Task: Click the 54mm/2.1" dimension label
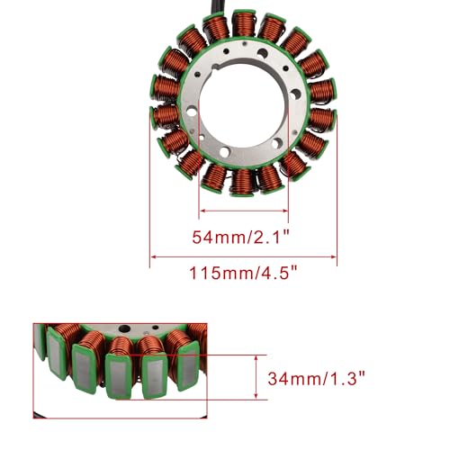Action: [x=240, y=238]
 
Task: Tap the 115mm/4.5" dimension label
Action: [x=244, y=274]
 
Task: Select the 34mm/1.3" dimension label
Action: [x=316, y=378]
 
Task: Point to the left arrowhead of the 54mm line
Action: [x=202, y=211]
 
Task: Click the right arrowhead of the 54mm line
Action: [x=284, y=211]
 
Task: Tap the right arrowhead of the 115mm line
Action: [x=333, y=256]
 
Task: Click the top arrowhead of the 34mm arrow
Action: [x=256, y=358]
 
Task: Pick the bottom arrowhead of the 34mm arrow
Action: [x=256, y=396]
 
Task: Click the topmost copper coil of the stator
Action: [x=244, y=23]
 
